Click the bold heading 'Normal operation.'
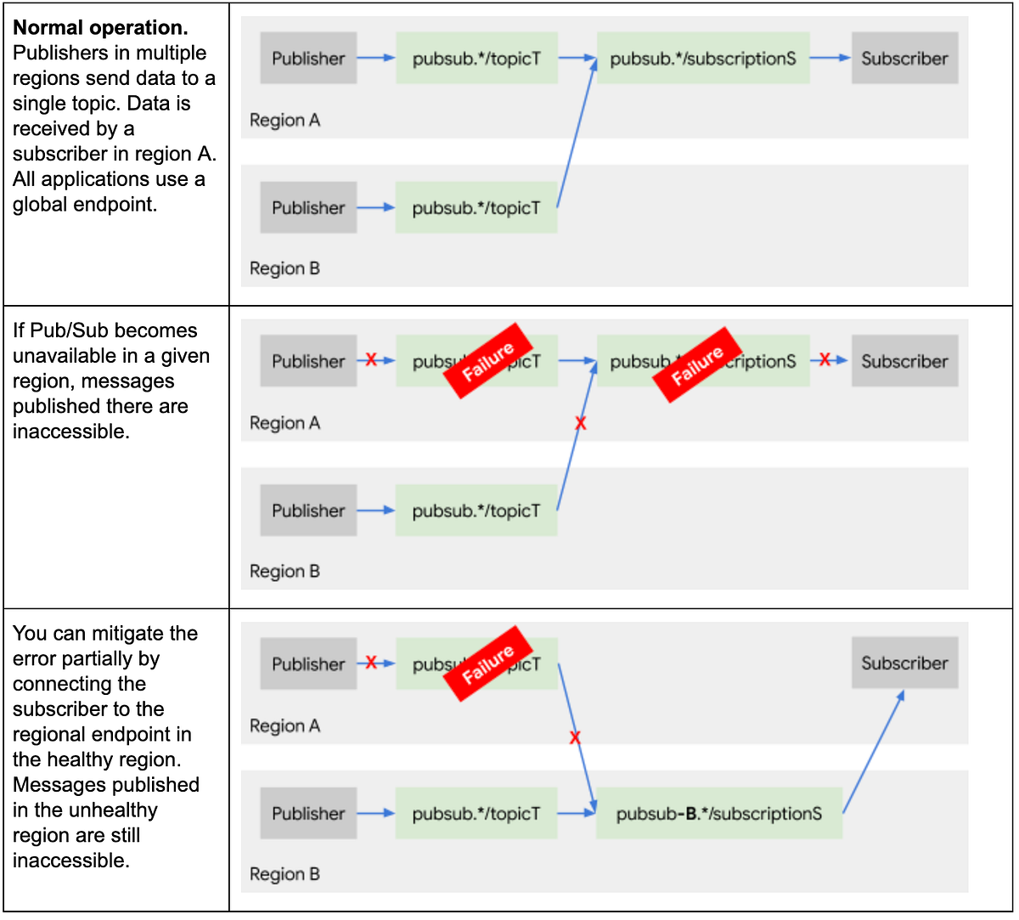[100, 27]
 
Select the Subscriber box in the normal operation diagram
[904, 59]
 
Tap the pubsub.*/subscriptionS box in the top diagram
[703, 59]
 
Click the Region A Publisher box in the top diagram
[308, 59]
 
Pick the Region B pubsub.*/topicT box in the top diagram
[476, 208]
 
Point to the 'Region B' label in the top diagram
[284, 268]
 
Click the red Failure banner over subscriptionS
[697, 364]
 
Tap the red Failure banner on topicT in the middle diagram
[488, 361]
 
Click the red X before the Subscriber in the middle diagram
[825, 360]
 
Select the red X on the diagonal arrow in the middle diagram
[581, 422]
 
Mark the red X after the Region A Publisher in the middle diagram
[371, 360]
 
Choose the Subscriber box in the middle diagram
[904, 361]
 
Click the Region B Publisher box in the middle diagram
[308, 511]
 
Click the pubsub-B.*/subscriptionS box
[719, 814]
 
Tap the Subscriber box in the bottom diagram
[904, 663]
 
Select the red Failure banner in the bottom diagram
[488, 663]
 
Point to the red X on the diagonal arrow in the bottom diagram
[575, 737]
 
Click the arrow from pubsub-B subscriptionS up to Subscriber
[873, 752]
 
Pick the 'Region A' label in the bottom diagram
[284, 726]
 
